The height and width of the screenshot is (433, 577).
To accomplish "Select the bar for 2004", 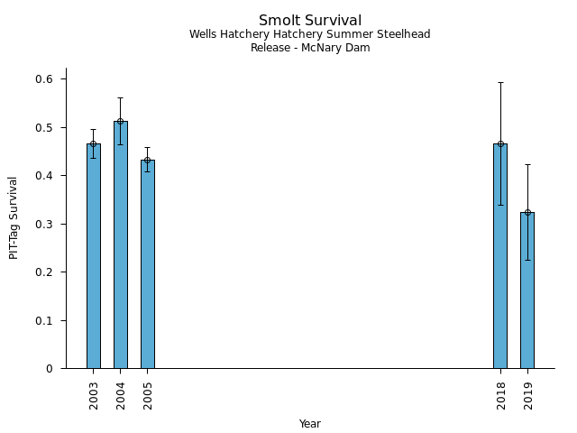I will point(121,244).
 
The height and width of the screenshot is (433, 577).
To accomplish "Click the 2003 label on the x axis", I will point(94,394).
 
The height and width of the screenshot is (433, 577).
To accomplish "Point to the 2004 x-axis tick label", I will point(121,394).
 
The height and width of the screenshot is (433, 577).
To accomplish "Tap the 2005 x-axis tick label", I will point(148,394).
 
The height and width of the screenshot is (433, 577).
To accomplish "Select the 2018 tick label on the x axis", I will point(500,394).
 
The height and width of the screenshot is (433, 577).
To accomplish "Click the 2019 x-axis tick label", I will point(527,394).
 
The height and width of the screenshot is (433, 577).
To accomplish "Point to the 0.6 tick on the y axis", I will point(45,79).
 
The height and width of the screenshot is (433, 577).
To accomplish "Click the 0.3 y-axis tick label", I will point(45,224).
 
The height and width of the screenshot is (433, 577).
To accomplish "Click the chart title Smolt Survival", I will point(310,21).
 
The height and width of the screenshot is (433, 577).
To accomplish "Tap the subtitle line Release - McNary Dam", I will point(310,48).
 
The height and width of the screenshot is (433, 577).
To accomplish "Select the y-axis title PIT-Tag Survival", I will point(14,217).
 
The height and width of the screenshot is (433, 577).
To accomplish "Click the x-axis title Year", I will point(310,424).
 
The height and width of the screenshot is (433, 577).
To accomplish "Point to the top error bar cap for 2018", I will point(500,82).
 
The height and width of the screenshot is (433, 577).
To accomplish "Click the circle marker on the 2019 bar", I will point(527,213).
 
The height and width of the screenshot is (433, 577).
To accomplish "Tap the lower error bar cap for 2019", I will point(527,260).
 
